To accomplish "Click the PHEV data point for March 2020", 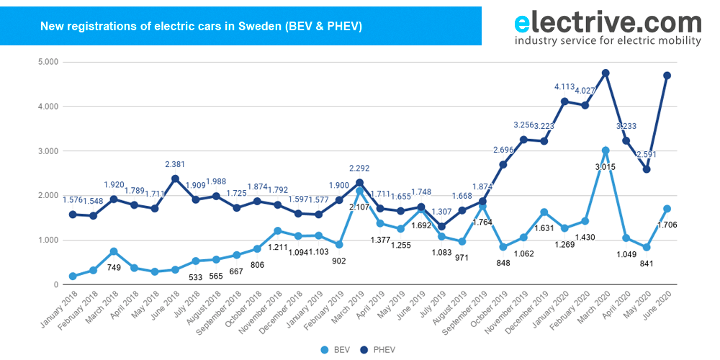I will point(606,73).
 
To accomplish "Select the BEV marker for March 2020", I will point(606,150).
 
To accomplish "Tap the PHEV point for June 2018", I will point(175,179).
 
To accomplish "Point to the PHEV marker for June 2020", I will point(667,76).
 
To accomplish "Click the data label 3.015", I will point(606,166).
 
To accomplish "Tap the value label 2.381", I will point(175,163).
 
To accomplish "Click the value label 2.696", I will point(503,150).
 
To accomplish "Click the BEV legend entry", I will point(338,349).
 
